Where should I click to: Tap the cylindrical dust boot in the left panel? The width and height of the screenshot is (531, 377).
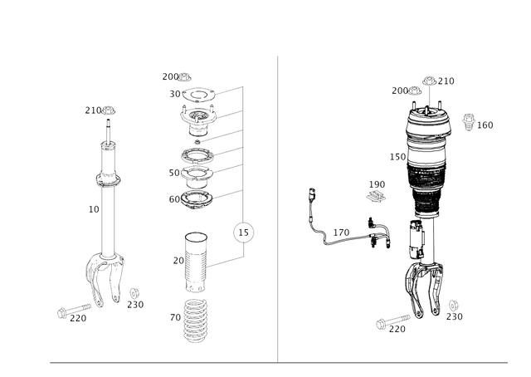[x=194, y=260]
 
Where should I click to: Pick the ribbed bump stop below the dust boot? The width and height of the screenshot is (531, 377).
[x=193, y=324]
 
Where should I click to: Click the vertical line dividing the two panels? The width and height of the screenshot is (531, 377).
[x=277, y=208]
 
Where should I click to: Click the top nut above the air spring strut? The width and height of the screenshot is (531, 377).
[x=431, y=81]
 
